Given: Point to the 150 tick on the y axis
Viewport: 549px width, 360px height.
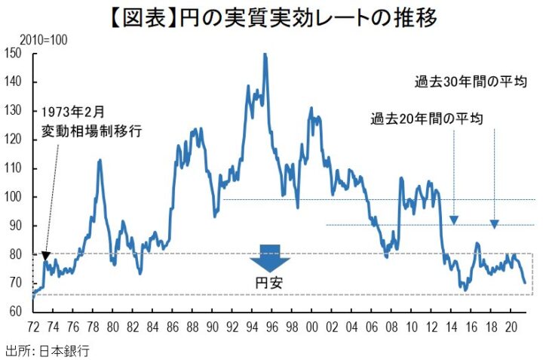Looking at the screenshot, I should point(12,53).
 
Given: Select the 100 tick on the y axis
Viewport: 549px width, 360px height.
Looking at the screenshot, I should point(12,197).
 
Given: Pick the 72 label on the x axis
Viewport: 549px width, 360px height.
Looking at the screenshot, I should point(32,328).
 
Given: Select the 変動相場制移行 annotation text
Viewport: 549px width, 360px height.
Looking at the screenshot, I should point(91,130).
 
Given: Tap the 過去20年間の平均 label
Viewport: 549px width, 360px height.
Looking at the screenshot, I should point(426,118).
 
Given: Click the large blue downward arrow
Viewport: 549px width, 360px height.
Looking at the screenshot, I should point(268,258).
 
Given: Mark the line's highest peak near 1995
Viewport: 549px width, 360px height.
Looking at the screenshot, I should point(265,54).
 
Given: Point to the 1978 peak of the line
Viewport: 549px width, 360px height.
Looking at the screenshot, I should point(100,160).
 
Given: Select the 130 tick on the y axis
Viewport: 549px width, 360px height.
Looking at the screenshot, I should point(12,110).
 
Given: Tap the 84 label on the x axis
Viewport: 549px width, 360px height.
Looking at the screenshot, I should point(153,328).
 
